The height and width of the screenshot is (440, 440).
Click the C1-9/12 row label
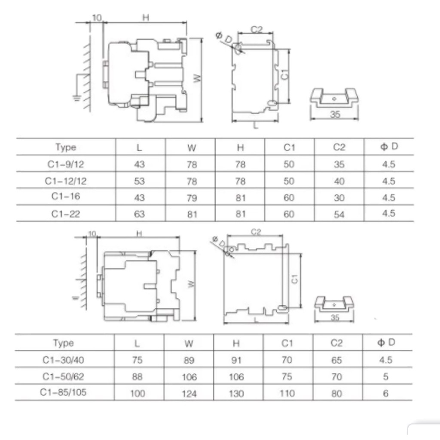coord(66,164)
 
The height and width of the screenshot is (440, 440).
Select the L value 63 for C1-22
coord(139,214)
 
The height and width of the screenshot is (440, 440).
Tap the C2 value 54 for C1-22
coord(339,215)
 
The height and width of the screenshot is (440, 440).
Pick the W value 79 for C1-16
coord(192,198)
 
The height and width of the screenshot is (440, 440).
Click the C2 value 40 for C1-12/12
coord(339,181)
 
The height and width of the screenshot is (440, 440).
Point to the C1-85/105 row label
coord(63,392)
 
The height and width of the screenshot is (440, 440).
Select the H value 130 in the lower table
coord(236,394)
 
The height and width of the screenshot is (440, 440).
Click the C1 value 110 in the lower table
coord(287,394)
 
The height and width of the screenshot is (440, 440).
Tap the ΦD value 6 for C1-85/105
coord(386,394)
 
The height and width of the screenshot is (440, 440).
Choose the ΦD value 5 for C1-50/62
coord(386,376)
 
